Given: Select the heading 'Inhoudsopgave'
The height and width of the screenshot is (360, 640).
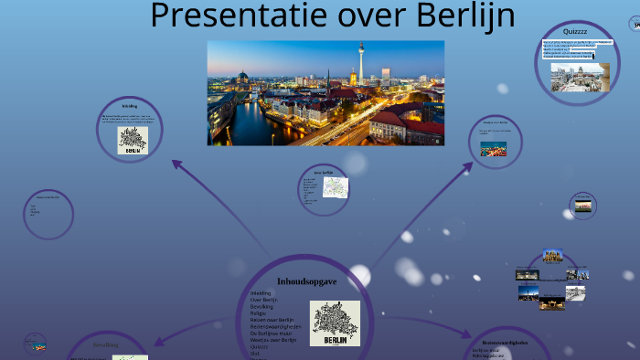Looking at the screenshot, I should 306,281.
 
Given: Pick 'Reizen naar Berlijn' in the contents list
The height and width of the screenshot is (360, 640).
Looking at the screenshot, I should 272,320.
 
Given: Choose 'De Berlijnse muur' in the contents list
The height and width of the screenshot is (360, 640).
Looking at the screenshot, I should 272,333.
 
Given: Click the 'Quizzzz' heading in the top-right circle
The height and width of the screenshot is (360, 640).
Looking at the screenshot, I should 575,31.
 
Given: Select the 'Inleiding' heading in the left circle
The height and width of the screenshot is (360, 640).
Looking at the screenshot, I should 129,106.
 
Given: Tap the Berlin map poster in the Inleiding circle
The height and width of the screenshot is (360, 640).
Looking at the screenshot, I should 133,141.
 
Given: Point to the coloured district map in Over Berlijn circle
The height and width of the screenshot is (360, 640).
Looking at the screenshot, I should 335,186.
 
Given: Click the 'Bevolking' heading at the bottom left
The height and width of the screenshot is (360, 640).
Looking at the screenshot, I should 105,345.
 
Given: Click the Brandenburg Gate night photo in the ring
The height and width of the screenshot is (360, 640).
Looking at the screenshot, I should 552,302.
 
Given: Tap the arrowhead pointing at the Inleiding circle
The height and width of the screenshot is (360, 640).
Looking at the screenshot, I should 176,164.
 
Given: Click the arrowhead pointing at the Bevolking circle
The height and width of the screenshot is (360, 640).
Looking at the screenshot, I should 158,342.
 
